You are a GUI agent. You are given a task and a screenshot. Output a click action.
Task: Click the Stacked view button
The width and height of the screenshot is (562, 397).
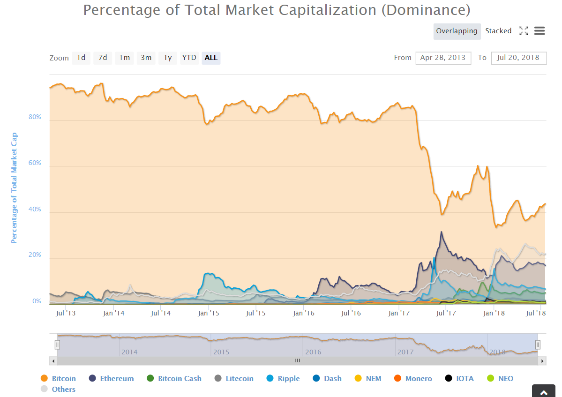(498, 31)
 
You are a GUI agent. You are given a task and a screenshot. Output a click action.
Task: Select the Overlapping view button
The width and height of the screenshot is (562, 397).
(457, 31)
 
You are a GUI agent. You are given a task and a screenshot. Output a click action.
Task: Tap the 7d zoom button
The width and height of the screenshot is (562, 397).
(103, 58)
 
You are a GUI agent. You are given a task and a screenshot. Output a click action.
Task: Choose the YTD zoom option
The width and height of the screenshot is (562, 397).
(189, 58)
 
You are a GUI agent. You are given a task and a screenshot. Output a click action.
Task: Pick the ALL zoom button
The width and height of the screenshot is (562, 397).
(211, 58)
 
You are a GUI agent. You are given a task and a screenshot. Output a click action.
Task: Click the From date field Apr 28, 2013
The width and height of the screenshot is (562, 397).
(443, 58)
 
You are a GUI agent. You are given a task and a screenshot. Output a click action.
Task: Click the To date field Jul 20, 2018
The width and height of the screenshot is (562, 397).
(518, 58)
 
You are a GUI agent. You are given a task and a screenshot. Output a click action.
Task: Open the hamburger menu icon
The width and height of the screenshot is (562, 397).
(540, 31)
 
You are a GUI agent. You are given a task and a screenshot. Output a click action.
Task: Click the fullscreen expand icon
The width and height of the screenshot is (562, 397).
(524, 31)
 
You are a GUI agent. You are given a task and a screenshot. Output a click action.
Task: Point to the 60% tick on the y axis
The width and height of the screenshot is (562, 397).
(35, 163)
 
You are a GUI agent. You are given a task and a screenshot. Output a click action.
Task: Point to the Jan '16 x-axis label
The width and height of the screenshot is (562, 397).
(304, 313)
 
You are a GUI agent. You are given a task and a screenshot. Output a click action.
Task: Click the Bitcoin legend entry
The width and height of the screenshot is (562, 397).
(63, 379)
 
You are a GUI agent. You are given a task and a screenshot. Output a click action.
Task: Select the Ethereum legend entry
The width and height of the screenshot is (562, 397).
(117, 379)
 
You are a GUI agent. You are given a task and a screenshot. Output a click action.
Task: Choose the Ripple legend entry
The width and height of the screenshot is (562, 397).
(288, 379)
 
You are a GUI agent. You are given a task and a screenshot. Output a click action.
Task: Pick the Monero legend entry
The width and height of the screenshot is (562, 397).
(419, 379)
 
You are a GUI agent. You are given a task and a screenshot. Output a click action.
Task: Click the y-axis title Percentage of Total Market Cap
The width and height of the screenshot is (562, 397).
(14, 188)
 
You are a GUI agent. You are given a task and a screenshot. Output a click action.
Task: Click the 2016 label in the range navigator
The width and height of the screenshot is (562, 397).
(313, 352)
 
